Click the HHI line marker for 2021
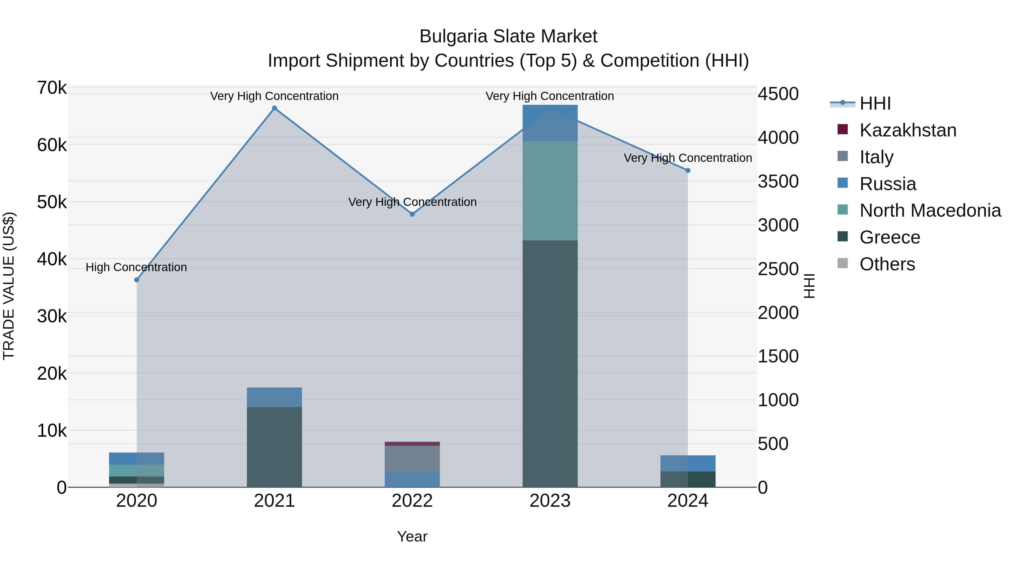click(274, 108)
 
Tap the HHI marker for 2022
click(412, 214)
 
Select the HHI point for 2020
click(137, 280)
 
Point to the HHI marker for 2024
click(688, 171)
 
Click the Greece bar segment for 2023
click(550, 363)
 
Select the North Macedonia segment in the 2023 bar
click(550, 191)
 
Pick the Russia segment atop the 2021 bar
click(274, 397)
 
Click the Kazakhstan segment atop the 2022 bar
click(412, 444)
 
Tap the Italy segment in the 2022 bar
click(412, 458)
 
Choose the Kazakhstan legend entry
click(908, 130)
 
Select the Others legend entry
click(887, 264)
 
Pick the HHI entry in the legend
click(875, 103)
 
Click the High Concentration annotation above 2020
click(136, 267)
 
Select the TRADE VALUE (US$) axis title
click(9, 286)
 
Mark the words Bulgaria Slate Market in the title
click(508, 36)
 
